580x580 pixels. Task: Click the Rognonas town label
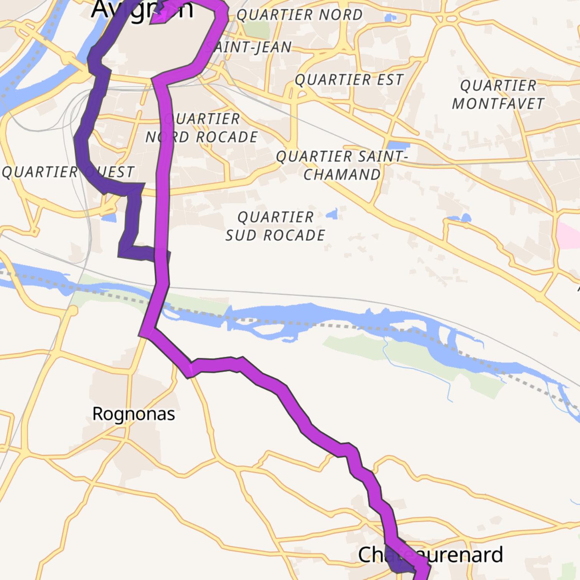(x=133, y=414)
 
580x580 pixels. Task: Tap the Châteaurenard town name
(x=430, y=555)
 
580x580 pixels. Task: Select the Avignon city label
(x=142, y=9)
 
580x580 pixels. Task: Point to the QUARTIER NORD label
(x=299, y=15)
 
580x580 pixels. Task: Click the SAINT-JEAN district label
(x=249, y=47)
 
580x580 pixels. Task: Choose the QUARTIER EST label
(x=349, y=80)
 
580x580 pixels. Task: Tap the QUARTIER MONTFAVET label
(x=498, y=94)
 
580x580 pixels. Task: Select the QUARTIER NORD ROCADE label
(x=202, y=128)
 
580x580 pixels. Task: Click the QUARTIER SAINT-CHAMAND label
(x=341, y=165)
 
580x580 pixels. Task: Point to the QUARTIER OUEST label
(x=68, y=172)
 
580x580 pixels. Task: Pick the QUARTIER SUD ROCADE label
(x=275, y=226)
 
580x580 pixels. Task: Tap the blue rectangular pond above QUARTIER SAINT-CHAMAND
(x=398, y=145)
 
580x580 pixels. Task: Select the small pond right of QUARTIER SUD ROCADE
(x=333, y=214)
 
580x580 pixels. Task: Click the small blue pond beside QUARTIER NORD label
(x=391, y=17)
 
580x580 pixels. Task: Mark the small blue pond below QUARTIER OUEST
(x=109, y=217)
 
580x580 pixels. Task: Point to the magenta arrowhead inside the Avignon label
(x=160, y=16)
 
